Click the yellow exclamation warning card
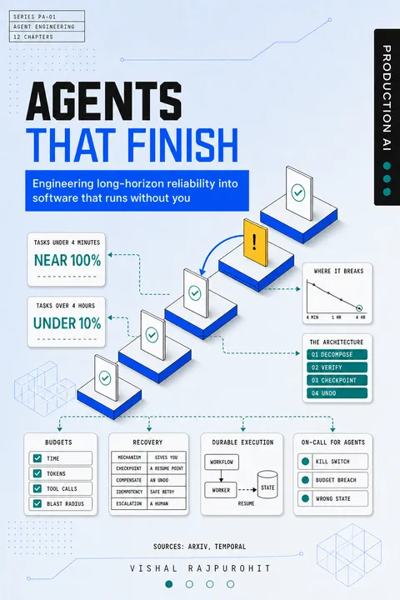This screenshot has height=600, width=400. pyautogui.click(x=256, y=242)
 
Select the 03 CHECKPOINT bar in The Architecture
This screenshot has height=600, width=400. pyautogui.click(x=337, y=380)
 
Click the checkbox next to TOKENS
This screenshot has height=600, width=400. pyautogui.click(x=37, y=473)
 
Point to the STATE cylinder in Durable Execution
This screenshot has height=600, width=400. pyautogui.click(x=267, y=484)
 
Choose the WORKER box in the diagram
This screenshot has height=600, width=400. pyautogui.click(x=221, y=490)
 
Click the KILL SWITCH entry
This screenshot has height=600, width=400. pyautogui.click(x=332, y=462)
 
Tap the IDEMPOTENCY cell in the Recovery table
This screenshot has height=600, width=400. pyautogui.click(x=129, y=492)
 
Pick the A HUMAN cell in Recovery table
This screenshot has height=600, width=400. pyautogui.click(x=167, y=503)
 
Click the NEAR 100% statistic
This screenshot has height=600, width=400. pyautogui.click(x=67, y=261)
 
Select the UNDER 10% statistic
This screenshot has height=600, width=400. pyautogui.click(x=67, y=323)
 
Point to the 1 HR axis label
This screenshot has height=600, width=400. pyautogui.click(x=336, y=317)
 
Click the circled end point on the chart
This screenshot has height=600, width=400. pyautogui.click(x=359, y=308)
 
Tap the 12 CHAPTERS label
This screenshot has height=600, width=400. pyautogui.click(x=33, y=37)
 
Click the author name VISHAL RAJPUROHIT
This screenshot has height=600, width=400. pyautogui.click(x=200, y=568)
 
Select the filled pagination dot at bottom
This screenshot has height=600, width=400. pyautogui.click(x=169, y=584)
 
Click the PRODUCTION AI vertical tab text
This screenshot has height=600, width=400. pyautogui.click(x=387, y=98)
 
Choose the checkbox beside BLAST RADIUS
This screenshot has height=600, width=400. pyautogui.click(x=37, y=503)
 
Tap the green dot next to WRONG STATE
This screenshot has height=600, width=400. pyautogui.click(x=305, y=498)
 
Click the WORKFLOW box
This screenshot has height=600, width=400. pyautogui.click(x=222, y=462)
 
